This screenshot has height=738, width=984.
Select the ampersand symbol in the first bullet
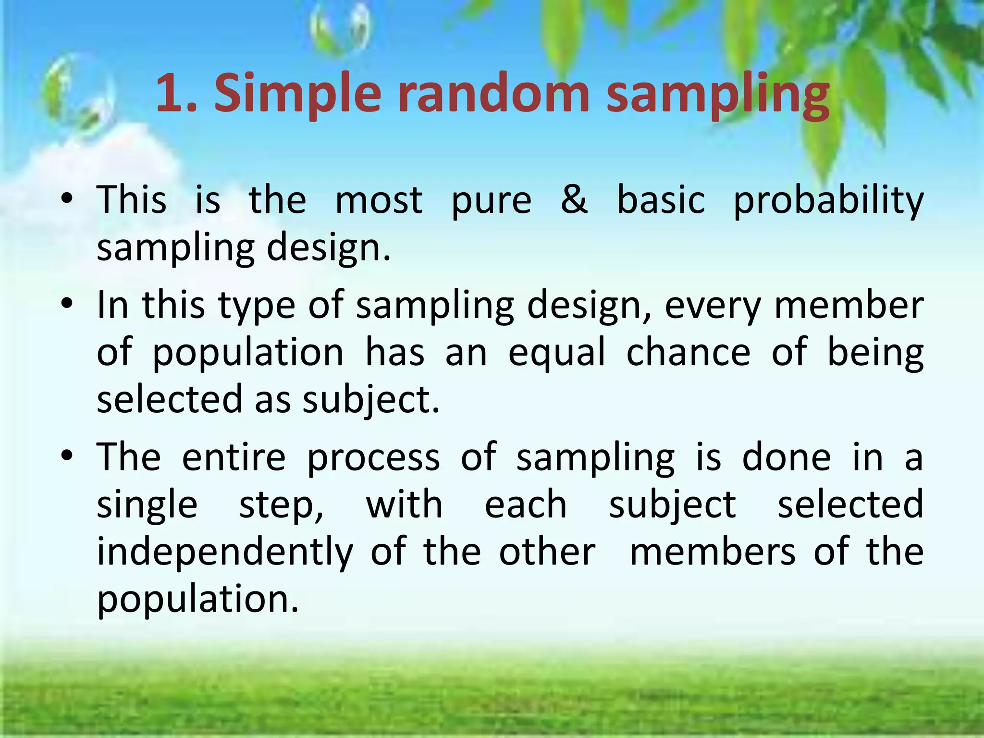click(x=574, y=199)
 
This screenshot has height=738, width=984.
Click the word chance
click(x=688, y=352)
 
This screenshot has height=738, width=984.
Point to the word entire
click(x=234, y=457)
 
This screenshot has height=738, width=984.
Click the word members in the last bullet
click(x=713, y=552)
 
